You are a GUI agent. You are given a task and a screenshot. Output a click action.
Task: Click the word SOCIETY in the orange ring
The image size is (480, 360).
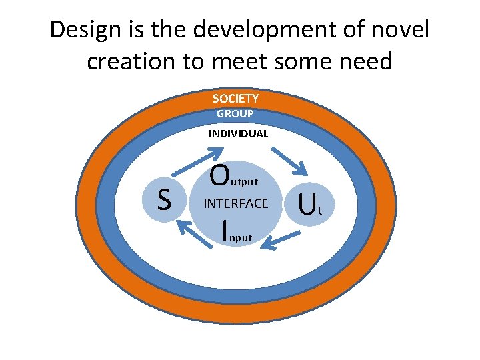click(x=235, y=99)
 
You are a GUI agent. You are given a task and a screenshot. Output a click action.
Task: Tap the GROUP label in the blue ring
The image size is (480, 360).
click(x=235, y=114)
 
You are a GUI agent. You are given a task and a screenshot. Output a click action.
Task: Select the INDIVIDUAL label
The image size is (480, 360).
click(x=238, y=133)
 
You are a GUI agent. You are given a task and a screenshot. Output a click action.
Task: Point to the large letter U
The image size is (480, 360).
click(x=307, y=205)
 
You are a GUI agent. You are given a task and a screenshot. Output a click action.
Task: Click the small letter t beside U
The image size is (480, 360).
click(x=321, y=212)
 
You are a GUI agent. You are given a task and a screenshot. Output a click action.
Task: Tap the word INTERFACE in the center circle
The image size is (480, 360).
click(x=235, y=203)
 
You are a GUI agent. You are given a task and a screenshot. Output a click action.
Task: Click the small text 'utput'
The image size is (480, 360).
click(x=243, y=181)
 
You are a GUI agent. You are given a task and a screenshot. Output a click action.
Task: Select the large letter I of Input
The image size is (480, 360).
click(x=225, y=228)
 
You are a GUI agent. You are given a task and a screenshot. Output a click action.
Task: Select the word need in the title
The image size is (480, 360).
click(x=366, y=61)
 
